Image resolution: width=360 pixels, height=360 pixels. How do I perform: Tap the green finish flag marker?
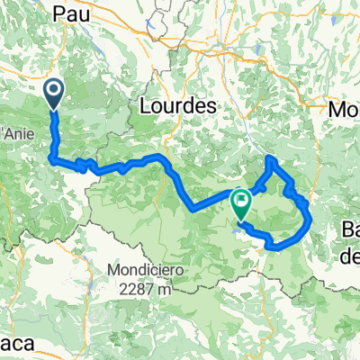(240, 203)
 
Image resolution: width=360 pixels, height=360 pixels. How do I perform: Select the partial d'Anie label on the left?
(16, 123)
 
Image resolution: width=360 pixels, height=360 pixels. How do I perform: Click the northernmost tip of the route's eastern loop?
(270, 159)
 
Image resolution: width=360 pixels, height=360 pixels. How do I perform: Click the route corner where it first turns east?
(54, 160)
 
